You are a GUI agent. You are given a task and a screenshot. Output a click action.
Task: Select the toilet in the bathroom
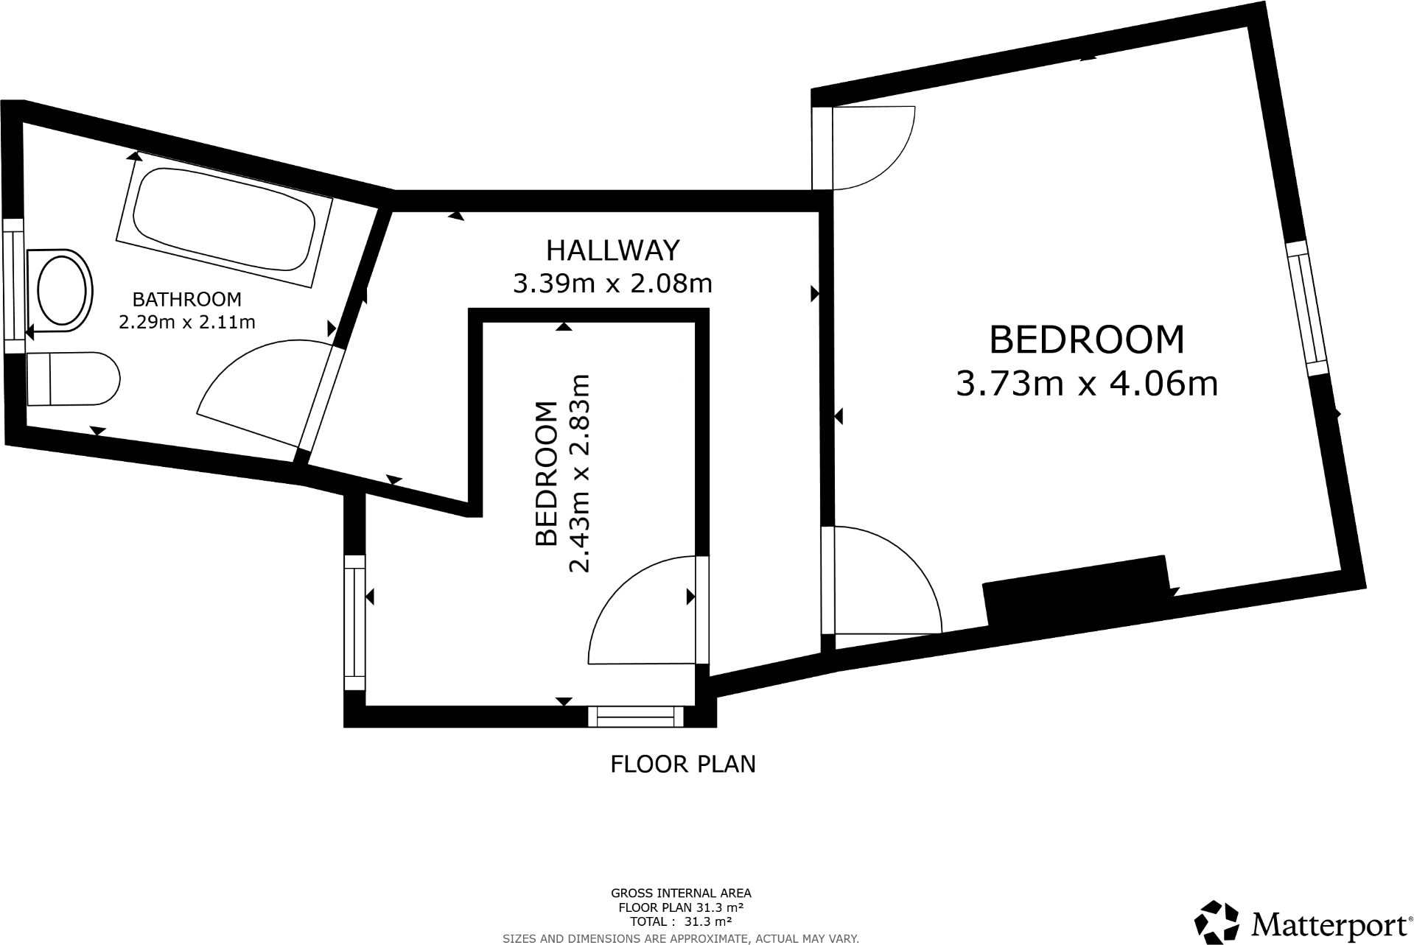click(x=71, y=379)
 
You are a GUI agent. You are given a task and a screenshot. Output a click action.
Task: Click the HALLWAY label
click(x=612, y=250)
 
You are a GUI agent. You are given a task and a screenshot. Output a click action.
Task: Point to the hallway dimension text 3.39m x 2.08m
click(x=612, y=283)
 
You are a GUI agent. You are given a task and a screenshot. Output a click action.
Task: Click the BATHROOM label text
click(x=186, y=299)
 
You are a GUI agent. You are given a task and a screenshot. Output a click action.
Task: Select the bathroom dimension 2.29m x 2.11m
click(x=186, y=322)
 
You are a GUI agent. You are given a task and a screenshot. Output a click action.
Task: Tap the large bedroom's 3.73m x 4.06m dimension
click(x=1086, y=384)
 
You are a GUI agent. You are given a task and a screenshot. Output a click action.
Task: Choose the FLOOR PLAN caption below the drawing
click(x=682, y=764)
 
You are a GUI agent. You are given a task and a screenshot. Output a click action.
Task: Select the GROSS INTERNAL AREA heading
click(x=681, y=893)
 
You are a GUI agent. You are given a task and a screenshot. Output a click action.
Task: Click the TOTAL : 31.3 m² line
click(x=681, y=921)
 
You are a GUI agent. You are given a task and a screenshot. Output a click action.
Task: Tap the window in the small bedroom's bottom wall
click(x=636, y=716)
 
